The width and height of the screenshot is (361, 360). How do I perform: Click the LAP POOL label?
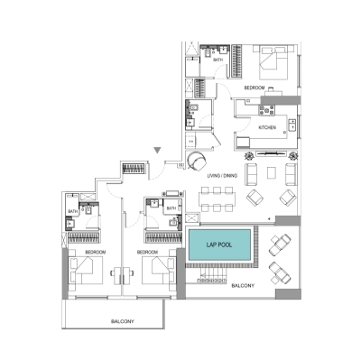219,245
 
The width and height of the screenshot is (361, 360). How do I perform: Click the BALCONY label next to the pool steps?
241,285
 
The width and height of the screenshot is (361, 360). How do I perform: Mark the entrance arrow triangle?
158,151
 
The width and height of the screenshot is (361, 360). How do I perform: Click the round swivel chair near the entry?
196,160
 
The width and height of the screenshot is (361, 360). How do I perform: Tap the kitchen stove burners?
267,111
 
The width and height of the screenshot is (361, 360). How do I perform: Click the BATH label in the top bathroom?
218,58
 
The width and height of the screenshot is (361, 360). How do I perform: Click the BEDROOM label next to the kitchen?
254,88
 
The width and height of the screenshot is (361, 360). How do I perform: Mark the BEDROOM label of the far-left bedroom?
96,253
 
